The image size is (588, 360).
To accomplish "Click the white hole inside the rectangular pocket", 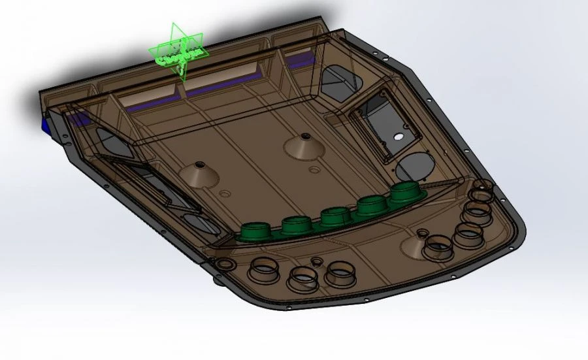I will pyautogui.click(x=398, y=137).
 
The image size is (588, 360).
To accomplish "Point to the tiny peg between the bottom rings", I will pyautogui.click(x=318, y=262).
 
